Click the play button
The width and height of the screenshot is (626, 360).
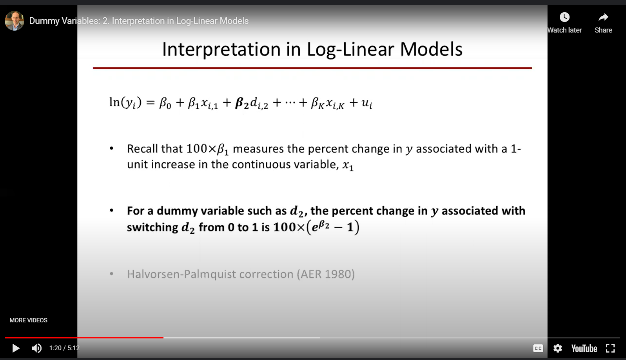point(16,348)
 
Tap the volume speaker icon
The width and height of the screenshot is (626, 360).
point(36,348)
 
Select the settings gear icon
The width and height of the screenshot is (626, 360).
point(557,348)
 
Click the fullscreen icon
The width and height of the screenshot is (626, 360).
point(610,348)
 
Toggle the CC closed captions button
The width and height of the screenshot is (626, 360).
point(538,348)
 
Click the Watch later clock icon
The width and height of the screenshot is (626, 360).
point(564,17)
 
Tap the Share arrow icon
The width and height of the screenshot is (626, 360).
point(603,17)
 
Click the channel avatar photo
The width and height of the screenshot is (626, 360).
point(15,21)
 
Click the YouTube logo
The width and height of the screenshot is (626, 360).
point(584,349)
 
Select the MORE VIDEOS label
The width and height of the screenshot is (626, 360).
point(29,320)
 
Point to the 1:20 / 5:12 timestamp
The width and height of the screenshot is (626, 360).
point(65,348)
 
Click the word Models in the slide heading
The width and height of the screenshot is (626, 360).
point(431,49)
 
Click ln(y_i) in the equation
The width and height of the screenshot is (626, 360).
point(125,103)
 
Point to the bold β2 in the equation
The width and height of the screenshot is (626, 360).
point(242,103)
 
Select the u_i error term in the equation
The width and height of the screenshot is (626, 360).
point(367,103)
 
